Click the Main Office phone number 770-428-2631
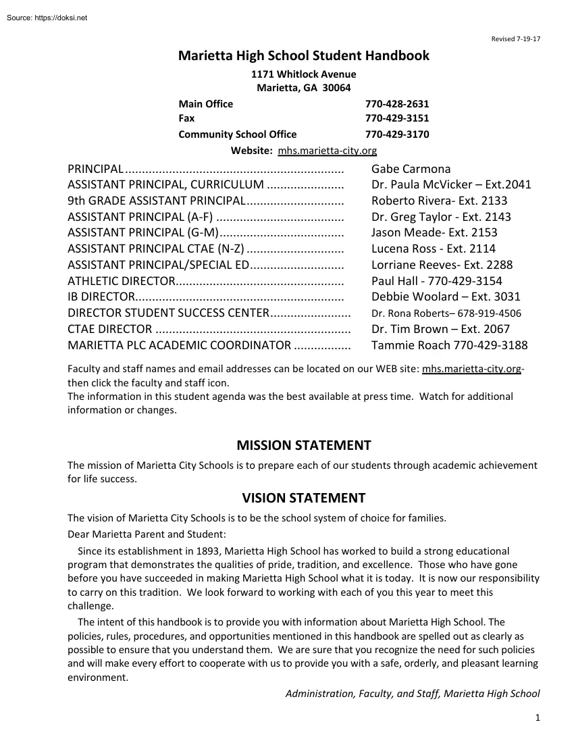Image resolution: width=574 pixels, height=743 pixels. point(397,104)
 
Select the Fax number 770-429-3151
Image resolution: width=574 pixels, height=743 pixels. point(397,118)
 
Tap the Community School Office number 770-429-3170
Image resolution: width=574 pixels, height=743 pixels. point(397,134)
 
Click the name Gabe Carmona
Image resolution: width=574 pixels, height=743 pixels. point(411,169)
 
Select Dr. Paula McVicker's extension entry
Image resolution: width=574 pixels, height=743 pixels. point(451,184)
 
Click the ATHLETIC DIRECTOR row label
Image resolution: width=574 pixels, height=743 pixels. point(122,281)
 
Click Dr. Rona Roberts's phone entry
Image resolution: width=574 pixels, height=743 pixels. point(446,313)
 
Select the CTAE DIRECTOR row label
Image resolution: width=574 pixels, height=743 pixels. point(109,329)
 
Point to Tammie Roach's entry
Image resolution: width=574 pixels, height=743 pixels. point(450,345)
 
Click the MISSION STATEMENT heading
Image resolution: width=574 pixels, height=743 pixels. point(304,446)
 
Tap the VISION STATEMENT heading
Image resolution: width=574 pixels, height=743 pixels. point(304,498)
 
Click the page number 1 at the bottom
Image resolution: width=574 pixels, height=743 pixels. point(538,718)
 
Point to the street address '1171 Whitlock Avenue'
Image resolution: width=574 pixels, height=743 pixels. point(304,74)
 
